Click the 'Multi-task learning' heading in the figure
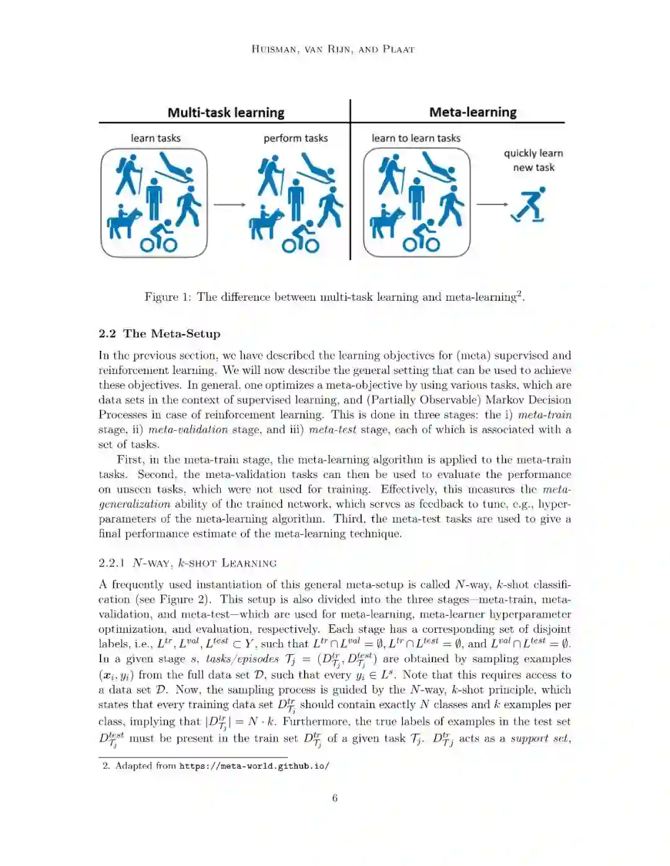click(226, 113)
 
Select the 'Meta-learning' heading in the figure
click(473, 112)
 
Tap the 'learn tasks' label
click(156, 138)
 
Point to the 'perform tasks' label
click(295, 138)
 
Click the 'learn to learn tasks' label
click(416, 138)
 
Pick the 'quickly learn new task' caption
click(534, 160)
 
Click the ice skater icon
click(529, 205)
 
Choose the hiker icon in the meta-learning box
click(390, 175)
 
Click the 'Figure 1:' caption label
click(168, 297)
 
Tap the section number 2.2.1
click(112, 563)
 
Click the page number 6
click(335, 798)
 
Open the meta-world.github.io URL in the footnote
click(254, 766)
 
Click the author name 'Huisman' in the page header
click(274, 49)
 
